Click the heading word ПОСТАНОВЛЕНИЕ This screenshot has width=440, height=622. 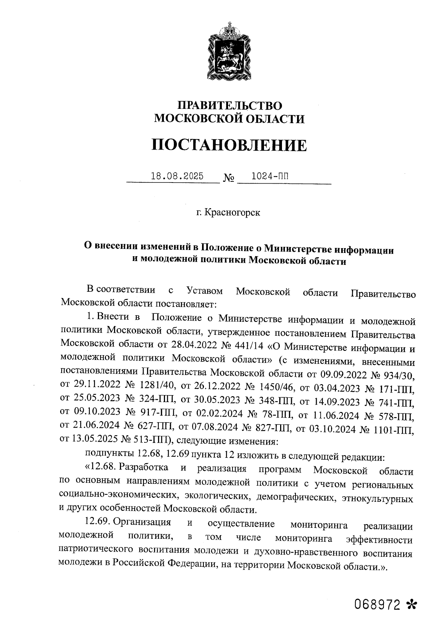coord(230,146)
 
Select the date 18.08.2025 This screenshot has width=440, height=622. coord(177,176)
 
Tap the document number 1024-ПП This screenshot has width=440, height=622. coord(269,176)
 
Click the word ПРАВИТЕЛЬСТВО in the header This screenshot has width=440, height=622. coord(230,106)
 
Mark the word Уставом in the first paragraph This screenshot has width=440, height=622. coord(205,292)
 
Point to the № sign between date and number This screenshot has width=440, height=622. coord(228,179)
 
